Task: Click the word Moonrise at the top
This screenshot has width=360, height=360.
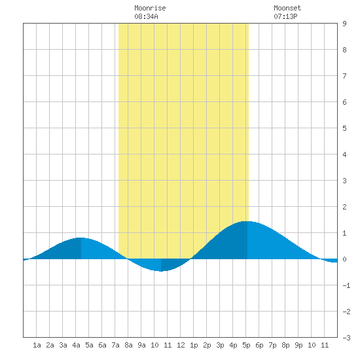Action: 150,9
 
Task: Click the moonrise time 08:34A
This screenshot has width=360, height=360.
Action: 146,16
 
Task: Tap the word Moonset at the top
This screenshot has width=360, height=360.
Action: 287,9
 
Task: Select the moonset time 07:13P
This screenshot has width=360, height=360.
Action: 285,16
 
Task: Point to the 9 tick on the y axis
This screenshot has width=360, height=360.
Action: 344,24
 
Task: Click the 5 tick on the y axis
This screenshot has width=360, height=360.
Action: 344,128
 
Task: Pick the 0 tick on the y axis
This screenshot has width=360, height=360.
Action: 344,259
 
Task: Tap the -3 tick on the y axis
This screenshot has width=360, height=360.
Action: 346,338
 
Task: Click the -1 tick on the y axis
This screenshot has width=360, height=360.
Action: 346,285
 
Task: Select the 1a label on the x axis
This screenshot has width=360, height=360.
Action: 37,345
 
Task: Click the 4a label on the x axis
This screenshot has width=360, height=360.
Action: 76,345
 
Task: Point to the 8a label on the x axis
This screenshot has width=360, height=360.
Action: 128,345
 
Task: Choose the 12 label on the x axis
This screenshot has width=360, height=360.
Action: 181,345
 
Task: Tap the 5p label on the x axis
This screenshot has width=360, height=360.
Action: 246,345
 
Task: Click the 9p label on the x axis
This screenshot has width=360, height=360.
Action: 298,345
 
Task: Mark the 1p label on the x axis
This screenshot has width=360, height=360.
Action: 194,345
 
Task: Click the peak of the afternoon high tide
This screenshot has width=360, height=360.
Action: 247,221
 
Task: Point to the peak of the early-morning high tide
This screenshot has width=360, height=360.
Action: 81,238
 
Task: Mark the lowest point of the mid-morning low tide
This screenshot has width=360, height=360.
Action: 161,271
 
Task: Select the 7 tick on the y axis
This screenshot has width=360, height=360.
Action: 344,76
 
